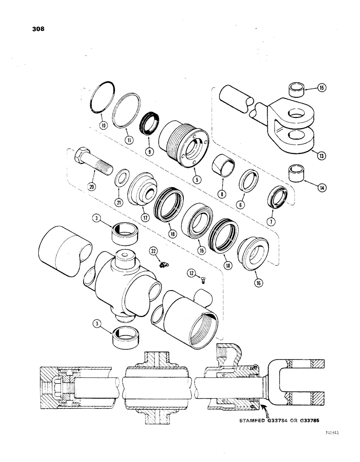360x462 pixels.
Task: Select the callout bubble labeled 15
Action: tap(309, 86)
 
